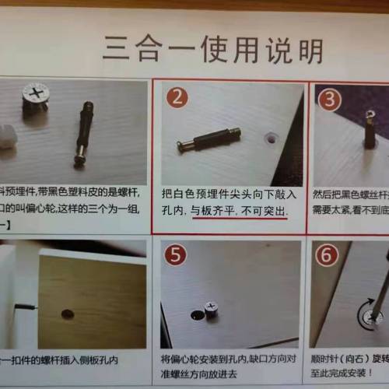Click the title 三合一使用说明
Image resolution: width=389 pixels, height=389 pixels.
212,49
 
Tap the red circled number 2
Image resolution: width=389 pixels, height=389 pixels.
177,97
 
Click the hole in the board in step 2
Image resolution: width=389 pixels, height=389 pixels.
270,136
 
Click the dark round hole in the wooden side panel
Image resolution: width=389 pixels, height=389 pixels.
68,314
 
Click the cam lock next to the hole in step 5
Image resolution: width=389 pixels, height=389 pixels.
209,309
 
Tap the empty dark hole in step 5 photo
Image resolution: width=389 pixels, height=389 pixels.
195,316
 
